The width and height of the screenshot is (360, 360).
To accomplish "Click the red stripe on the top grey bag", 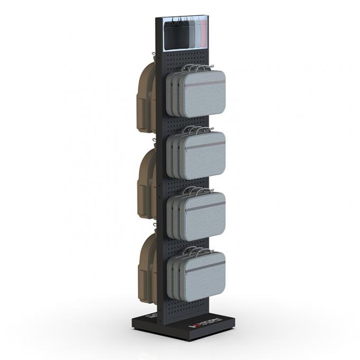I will tap(204, 83).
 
